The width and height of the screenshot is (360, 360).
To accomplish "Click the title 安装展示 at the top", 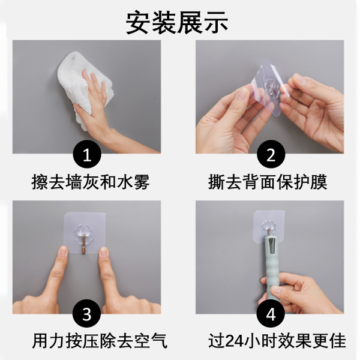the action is [x=177, y=23].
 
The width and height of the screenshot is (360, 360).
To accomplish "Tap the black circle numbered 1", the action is [x=87, y=154].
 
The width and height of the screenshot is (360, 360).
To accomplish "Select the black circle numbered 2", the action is [x=271, y=154].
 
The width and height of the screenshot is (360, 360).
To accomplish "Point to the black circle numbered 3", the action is [x=87, y=313].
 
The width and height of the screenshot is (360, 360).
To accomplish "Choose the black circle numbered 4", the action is [x=271, y=313].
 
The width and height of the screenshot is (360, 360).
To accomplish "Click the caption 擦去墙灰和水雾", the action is [x=90, y=182].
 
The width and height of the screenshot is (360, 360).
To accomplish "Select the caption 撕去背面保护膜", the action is [x=268, y=182].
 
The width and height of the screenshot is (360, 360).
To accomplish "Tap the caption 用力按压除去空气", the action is [x=100, y=341].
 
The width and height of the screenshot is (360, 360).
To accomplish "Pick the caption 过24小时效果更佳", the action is [x=277, y=341].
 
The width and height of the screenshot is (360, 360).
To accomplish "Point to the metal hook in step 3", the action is [x=83, y=245].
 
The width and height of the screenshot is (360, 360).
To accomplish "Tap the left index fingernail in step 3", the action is [x=63, y=251].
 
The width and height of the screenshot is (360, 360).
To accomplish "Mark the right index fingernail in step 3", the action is [x=104, y=252].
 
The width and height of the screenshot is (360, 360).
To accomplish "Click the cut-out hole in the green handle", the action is [x=272, y=246].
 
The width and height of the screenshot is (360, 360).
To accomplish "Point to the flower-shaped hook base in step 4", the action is [x=269, y=227].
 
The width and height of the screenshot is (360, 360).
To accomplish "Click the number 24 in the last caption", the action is [x=234, y=341].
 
